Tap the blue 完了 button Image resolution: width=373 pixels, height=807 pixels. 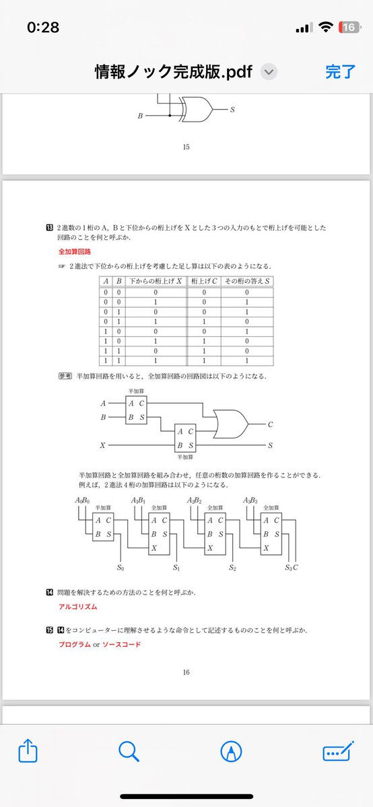pos(340,72)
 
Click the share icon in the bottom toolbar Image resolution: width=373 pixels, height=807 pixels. pos(27,751)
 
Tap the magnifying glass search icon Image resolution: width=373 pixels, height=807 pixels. pos(129,751)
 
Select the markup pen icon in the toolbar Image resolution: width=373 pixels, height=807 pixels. pos(231,751)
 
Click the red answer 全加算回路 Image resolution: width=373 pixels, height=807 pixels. pos(75,252)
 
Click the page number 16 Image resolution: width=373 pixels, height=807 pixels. pos(186,672)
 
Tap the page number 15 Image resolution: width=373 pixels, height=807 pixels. pos(186,147)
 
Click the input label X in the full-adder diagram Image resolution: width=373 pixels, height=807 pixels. pos(102,445)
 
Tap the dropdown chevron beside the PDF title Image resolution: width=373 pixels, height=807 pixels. pos(268,72)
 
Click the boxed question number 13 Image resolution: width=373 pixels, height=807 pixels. pos(49,228)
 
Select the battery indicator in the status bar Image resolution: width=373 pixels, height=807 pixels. pos(349,28)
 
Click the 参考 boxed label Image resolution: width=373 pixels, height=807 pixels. pos(65,376)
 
